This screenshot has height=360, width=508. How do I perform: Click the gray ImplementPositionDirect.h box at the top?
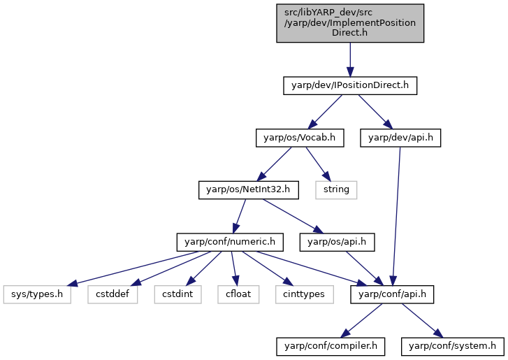[350, 23]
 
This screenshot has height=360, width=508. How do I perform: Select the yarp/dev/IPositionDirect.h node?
[350, 85]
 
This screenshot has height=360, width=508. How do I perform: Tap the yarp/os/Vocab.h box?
[300, 138]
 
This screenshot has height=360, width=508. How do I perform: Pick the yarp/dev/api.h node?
[400, 138]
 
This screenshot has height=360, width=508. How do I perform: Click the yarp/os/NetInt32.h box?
[249, 190]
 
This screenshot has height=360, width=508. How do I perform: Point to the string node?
[336, 190]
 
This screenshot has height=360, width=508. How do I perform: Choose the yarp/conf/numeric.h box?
[230, 242]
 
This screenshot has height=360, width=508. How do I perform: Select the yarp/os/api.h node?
[337, 242]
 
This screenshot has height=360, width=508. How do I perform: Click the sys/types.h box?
[37, 294]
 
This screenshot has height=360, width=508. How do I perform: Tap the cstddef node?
[113, 294]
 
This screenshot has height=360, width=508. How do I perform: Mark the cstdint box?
[178, 294]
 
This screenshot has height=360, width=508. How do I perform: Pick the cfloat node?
[238, 294]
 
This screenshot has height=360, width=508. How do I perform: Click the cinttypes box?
[304, 294]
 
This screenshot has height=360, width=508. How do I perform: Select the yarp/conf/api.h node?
[392, 294]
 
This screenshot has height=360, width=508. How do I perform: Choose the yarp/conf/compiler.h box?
[331, 347]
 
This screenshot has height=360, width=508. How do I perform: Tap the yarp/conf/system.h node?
[453, 347]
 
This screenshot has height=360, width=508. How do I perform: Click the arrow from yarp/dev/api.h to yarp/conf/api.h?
[396, 217]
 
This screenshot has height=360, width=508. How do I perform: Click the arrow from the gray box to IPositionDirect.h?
[350, 59]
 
